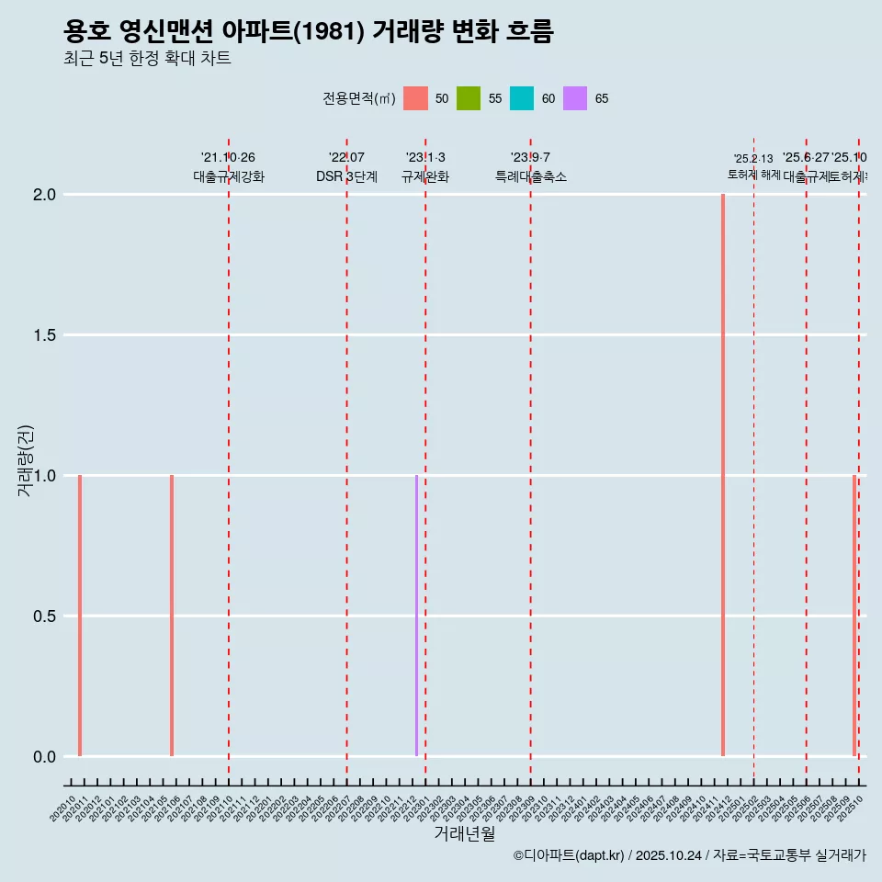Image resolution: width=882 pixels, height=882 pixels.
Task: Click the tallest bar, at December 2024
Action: (x=723, y=475)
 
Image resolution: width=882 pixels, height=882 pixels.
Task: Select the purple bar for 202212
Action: (x=416, y=616)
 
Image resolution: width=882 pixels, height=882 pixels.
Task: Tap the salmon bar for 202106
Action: (x=172, y=616)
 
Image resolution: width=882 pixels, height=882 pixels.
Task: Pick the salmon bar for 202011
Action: (x=80, y=616)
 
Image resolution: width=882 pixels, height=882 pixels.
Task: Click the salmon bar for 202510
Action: (x=854, y=616)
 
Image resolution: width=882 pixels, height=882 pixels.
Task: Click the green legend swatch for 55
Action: (x=469, y=98)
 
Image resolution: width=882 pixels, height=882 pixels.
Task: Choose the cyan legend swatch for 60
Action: (x=522, y=98)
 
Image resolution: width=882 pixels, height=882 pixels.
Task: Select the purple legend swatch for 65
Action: (x=575, y=98)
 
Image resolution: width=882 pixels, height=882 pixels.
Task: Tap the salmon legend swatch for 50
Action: (x=415, y=98)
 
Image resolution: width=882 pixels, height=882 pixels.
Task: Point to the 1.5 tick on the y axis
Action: (x=45, y=335)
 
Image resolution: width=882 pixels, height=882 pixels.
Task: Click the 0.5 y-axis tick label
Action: (x=45, y=616)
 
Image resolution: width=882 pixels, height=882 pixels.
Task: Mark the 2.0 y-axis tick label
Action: (x=45, y=195)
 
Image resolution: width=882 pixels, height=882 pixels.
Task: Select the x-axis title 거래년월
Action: (x=464, y=834)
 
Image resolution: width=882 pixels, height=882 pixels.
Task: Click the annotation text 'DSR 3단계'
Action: (x=346, y=176)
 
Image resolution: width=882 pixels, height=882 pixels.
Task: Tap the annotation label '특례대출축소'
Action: (x=530, y=176)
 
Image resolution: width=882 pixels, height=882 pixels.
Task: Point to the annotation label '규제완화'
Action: (x=424, y=176)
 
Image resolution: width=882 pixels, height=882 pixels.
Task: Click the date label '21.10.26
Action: (x=228, y=157)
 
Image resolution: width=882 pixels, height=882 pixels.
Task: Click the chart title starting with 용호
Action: (x=309, y=31)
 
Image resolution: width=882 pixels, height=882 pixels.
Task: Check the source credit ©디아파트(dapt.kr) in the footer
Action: (x=570, y=855)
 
